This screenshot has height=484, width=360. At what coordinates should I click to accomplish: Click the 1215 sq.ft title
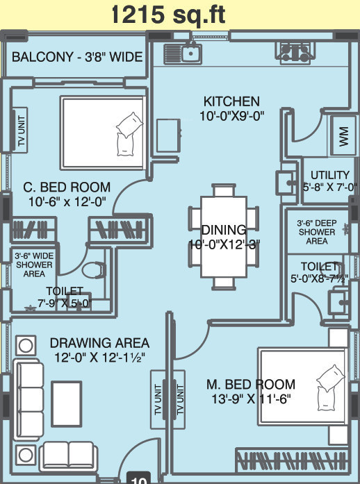(x=168, y=15)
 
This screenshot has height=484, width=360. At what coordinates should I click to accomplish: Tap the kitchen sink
(x=183, y=53)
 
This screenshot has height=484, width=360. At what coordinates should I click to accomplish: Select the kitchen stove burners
(x=296, y=53)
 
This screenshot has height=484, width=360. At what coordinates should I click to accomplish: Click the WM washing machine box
(x=343, y=136)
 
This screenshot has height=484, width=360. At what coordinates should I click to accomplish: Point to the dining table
(x=224, y=236)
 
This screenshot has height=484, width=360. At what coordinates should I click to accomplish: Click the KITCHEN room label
(x=231, y=101)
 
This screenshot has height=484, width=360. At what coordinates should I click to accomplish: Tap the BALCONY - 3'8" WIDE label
(x=77, y=57)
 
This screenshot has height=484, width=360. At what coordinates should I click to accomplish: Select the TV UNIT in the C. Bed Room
(x=20, y=130)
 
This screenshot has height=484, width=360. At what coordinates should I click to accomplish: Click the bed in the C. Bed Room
(x=104, y=133)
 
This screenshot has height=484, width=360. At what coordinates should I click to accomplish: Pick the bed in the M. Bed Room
(x=302, y=387)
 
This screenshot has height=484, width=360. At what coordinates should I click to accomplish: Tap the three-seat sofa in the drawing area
(x=28, y=399)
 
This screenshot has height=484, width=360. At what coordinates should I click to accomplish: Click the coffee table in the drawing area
(x=67, y=404)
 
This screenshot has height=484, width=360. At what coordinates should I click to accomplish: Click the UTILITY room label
(x=329, y=175)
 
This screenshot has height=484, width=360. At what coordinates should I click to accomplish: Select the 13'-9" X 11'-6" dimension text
(x=251, y=399)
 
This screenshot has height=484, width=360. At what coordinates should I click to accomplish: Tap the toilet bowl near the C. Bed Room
(x=94, y=270)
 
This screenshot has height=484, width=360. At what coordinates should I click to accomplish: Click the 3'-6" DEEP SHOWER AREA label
(x=317, y=232)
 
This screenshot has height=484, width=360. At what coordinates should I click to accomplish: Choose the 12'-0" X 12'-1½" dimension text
(x=99, y=358)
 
